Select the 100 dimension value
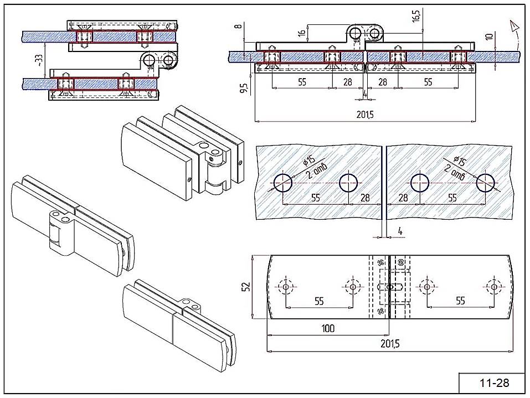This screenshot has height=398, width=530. click(x=328, y=328)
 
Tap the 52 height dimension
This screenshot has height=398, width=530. click(x=247, y=286)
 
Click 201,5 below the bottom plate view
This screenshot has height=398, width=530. click(x=389, y=343)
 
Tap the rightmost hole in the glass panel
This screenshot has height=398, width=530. click(x=486, y=182)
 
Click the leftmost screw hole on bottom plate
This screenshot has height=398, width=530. click(x=285, y=287)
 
